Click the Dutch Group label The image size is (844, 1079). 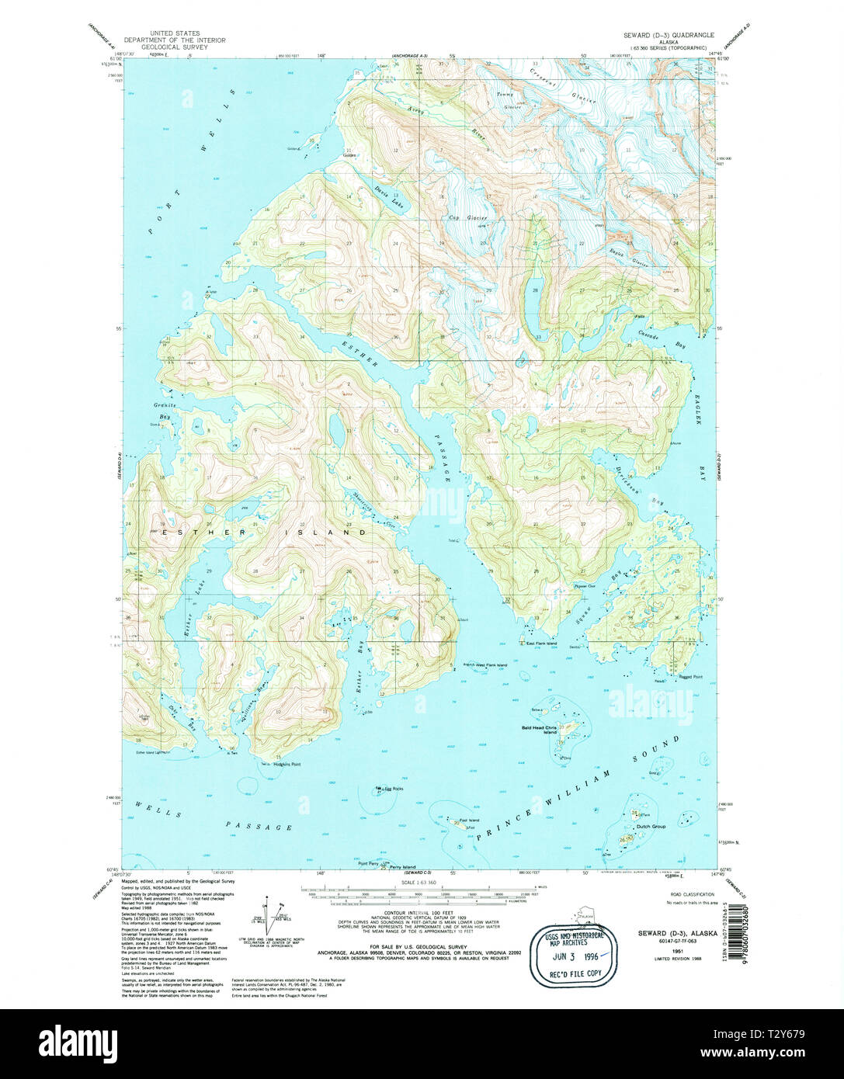[x=651, y=827]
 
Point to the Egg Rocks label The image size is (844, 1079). [x=392, y=789]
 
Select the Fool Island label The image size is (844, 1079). [x=469, y=821]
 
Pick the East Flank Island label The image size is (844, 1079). [x=541, y=644]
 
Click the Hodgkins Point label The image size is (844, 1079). [x=287, y=765]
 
